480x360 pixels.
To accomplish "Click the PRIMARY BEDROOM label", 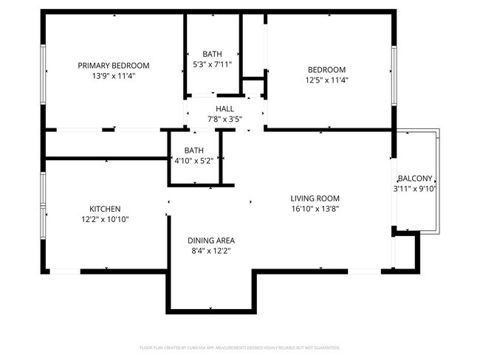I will [114, 66].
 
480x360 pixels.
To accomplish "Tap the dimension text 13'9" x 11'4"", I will [114, 76].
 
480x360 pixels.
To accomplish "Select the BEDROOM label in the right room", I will [326, 70].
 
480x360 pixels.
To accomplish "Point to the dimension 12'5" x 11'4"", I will [326, 80].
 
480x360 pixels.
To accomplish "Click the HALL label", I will [224, 108].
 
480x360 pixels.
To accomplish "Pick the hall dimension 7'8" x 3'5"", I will [224, 119].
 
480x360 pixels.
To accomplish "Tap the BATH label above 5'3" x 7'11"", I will [212, 54].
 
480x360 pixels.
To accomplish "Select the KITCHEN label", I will [105, 209].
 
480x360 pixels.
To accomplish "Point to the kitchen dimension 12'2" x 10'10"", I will [105, 219].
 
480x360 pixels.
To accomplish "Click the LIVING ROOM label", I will [315, 198].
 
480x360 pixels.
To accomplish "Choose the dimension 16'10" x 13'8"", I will [315, 208].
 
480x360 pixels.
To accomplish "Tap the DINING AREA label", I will [210, 240].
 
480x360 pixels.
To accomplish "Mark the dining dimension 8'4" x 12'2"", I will [210, 251].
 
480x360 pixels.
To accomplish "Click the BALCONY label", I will [415, 179].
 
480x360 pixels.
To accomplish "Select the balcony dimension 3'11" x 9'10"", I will [415, 189].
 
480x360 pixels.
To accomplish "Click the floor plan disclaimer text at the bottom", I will [240, 347].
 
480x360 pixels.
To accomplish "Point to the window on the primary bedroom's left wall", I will [44, 70].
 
